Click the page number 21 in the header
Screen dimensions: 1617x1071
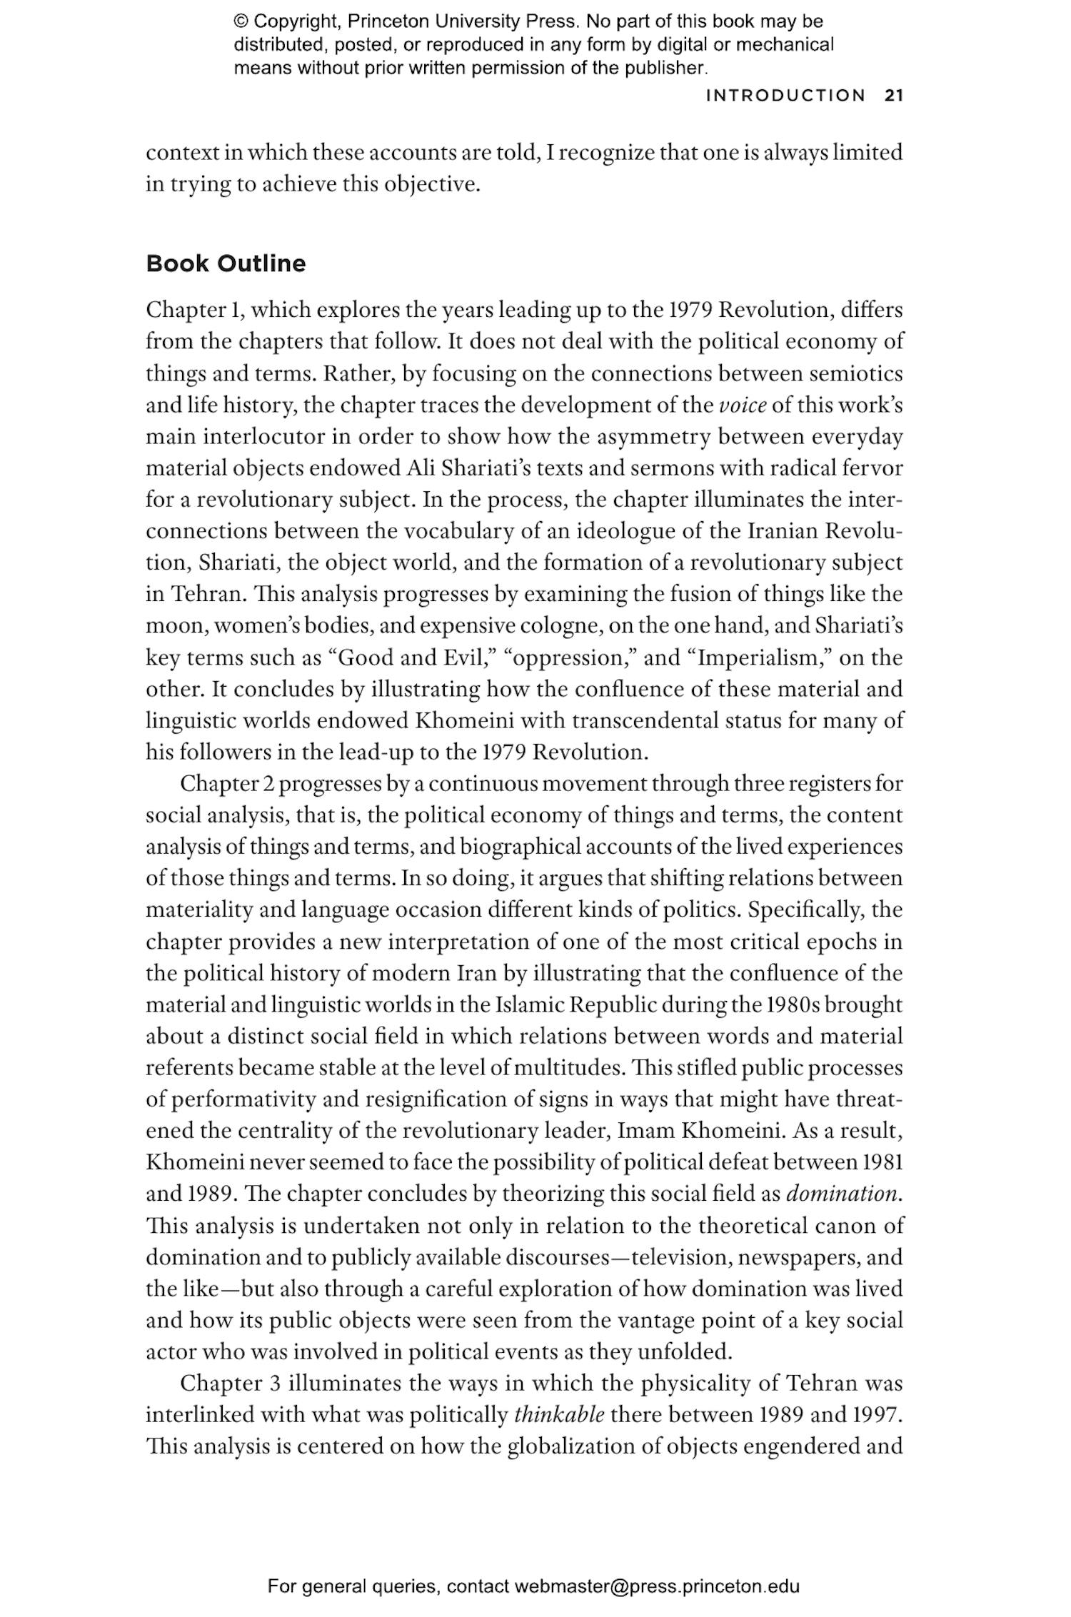click(893, 96)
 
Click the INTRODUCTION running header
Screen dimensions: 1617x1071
click(785, 96)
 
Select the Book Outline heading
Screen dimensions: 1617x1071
click(226, 263)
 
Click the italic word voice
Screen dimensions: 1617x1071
click(743, 405)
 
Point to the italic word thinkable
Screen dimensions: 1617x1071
click(559, 1414)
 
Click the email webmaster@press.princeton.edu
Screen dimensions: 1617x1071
click(656, 1586)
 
